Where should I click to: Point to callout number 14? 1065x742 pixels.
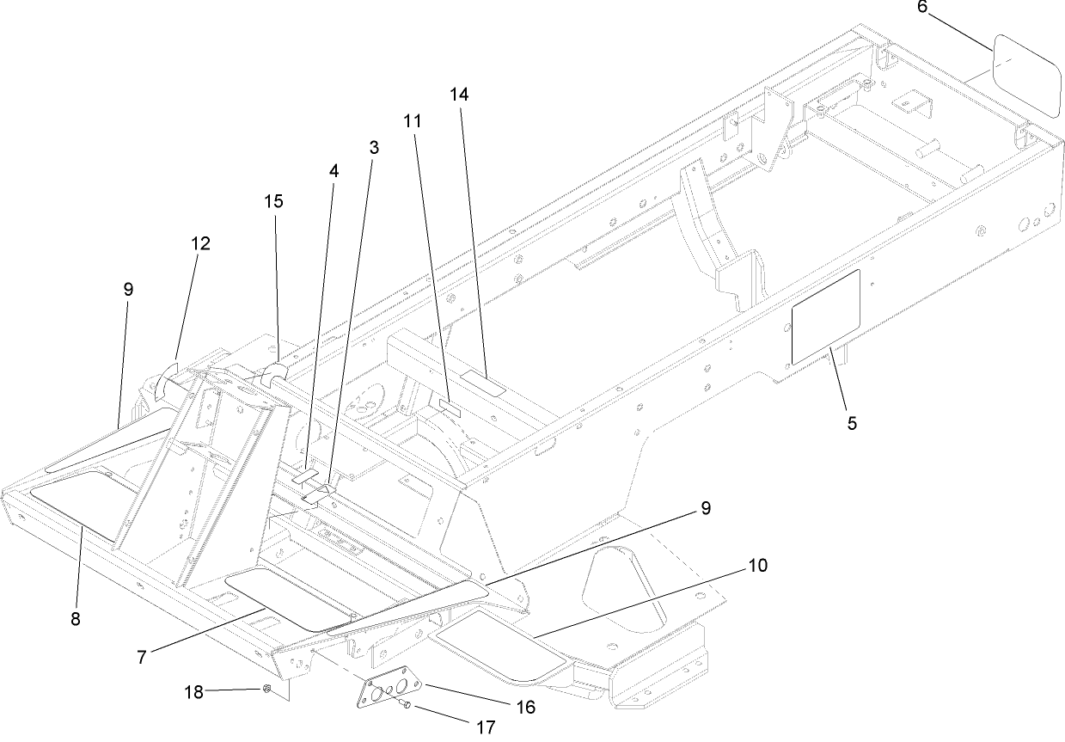[460, 95]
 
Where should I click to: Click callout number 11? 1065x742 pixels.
[413, 121]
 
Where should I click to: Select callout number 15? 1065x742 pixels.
[273, 201]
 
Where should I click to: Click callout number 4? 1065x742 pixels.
[334, 170]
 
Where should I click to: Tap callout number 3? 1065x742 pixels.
[374, 147]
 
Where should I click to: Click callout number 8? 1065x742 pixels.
[76, 618]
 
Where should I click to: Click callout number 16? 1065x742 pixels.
[526, 707]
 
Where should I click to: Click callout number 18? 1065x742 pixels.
[196, 691]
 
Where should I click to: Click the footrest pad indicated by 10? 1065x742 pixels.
[499, 650]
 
